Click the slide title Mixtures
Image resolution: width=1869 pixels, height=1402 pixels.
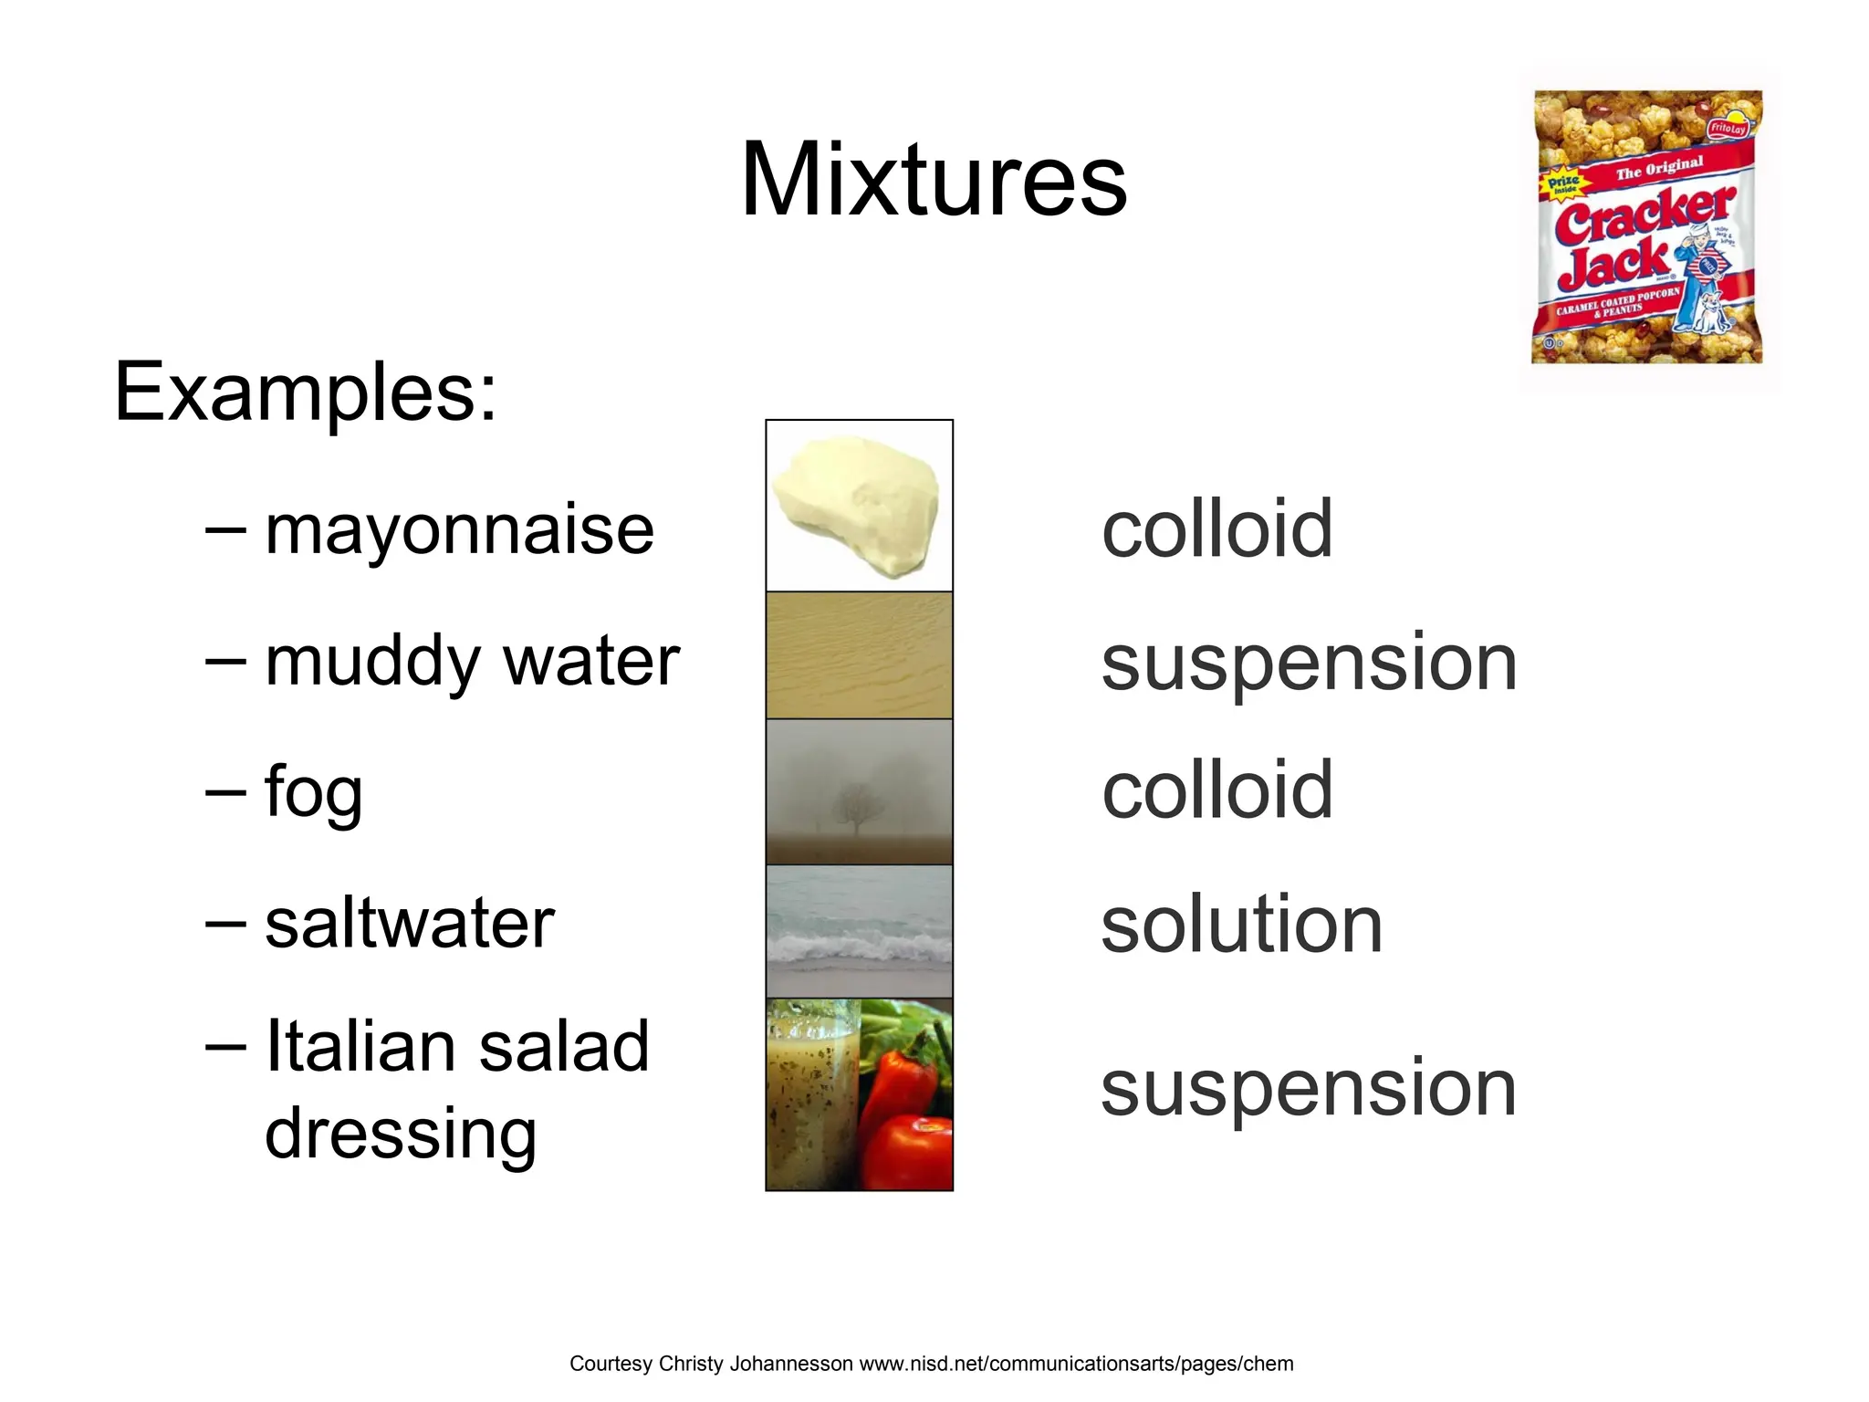pos(934,180)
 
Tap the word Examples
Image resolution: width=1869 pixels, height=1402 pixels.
pos(305,392)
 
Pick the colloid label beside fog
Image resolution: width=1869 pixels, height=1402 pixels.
pos(1216,790)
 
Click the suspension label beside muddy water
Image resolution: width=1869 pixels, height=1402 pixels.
pos(1309,663)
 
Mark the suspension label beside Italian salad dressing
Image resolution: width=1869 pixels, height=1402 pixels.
pos(1309,1088)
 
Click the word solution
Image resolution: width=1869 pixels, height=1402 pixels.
pos(1241,925)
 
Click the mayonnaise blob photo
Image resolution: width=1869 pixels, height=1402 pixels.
pos(856,505)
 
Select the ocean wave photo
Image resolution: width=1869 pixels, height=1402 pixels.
pos(859,931)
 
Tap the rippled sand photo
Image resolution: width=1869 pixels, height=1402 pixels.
pos(859,655)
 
